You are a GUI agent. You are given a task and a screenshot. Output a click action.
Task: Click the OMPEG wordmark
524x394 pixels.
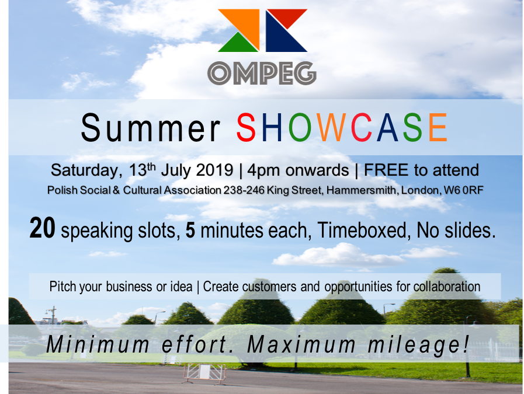[262, 73]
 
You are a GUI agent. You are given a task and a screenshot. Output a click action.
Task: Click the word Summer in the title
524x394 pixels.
[151, 128]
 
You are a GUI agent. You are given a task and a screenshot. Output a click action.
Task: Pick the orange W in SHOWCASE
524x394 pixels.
[331, 127]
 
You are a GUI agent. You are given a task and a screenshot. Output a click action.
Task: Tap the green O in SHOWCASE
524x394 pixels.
[300, 127]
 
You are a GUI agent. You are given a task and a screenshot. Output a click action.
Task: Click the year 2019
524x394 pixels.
[214, 170]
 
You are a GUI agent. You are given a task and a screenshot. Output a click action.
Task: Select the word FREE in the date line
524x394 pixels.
[386, 170]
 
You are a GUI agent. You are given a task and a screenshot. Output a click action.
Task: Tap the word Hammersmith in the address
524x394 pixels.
[362, 190]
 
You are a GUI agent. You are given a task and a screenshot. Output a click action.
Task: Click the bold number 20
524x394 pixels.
[43, 228]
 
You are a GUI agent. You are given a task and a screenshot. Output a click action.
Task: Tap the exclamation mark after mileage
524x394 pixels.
[466, 344]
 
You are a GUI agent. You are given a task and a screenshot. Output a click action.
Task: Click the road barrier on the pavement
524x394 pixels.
[204, 373]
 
